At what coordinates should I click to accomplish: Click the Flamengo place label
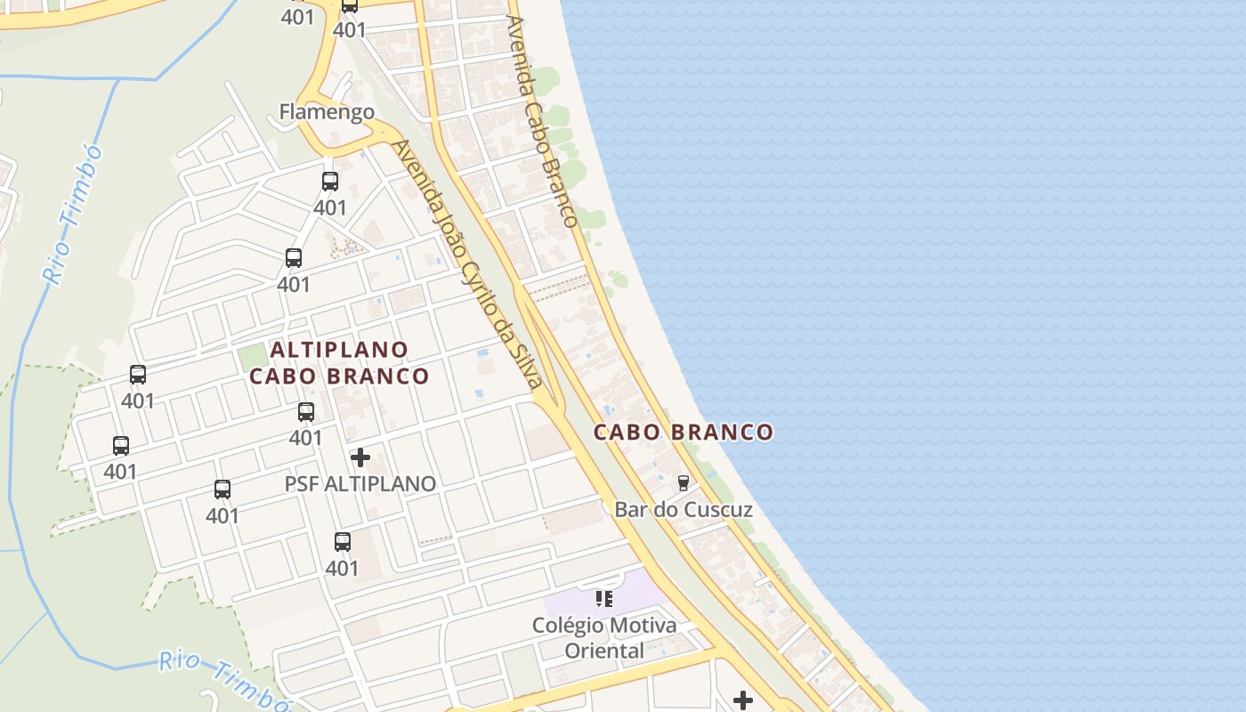[327, 112]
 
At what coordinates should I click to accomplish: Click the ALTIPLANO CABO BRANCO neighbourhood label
[339, 363]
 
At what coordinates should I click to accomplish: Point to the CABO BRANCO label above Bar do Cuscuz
[684, 433]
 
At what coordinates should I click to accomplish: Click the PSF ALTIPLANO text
[360, 484]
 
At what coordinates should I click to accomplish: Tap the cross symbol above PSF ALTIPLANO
[360, 457]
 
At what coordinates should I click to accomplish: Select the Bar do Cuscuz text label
[684, 510]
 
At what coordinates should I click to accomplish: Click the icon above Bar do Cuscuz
[684, 483]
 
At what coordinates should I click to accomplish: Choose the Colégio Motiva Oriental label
[604, 637]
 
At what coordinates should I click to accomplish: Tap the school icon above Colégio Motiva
[604, 599]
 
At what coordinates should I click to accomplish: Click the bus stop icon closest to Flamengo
[330, 182]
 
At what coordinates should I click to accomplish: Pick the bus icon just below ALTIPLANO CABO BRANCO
[306, 412]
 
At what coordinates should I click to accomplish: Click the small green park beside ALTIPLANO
[253, 358]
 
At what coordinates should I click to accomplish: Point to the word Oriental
[604, 651]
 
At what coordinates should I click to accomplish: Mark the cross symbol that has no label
[743, 700]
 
